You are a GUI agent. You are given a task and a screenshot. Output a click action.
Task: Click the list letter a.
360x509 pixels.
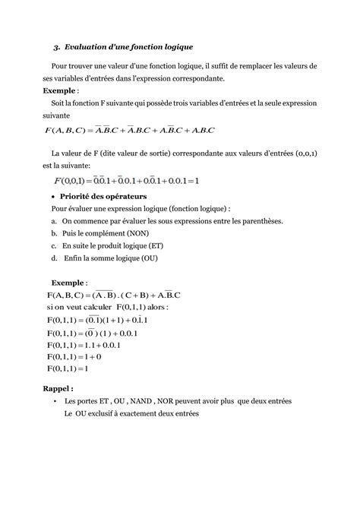(55, 221)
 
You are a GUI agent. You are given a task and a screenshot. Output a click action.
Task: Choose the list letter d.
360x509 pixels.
(55, 259)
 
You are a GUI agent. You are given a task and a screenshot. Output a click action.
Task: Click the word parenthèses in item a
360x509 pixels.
(257, 221)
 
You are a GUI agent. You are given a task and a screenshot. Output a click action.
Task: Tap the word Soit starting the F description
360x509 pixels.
(59, 103)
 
